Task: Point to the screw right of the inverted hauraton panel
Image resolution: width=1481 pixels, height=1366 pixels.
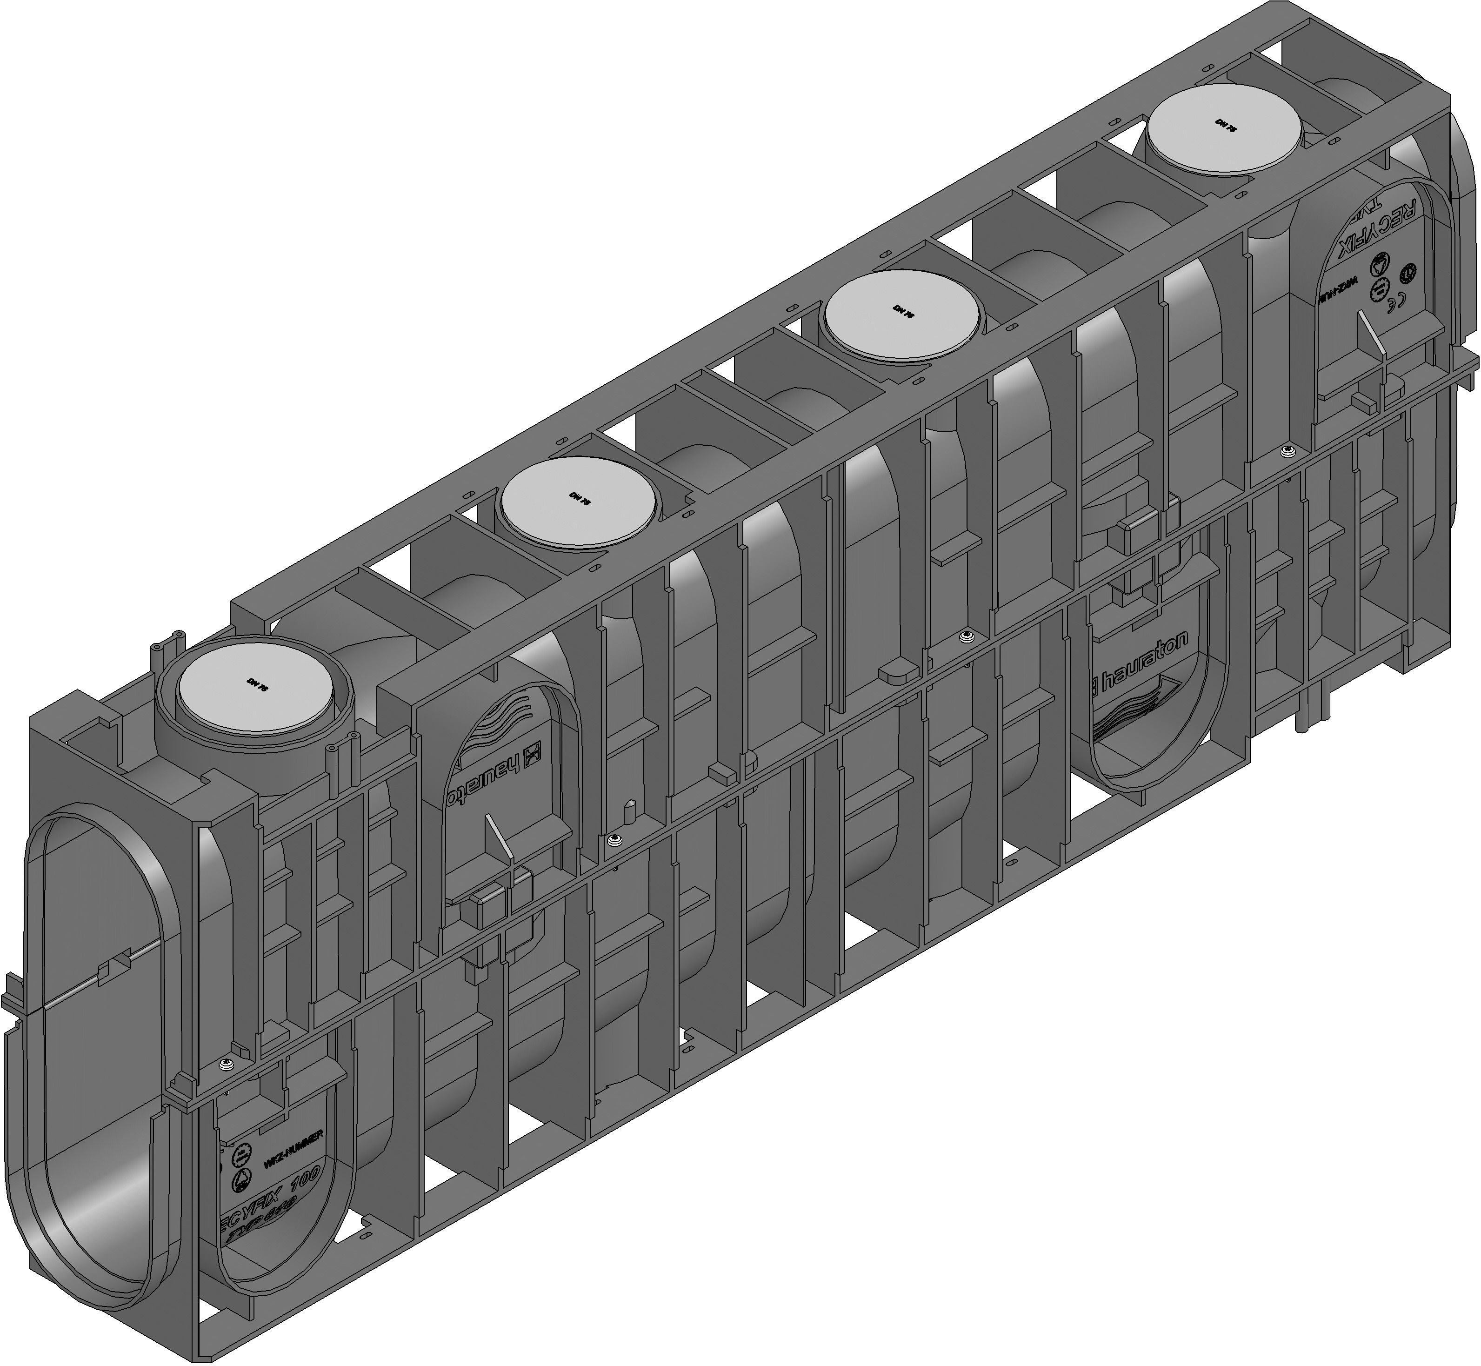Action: coord(612,838)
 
